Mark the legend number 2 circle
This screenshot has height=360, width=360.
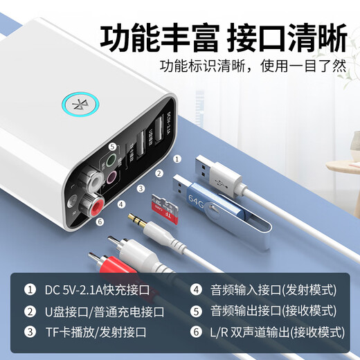click(29, 310)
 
